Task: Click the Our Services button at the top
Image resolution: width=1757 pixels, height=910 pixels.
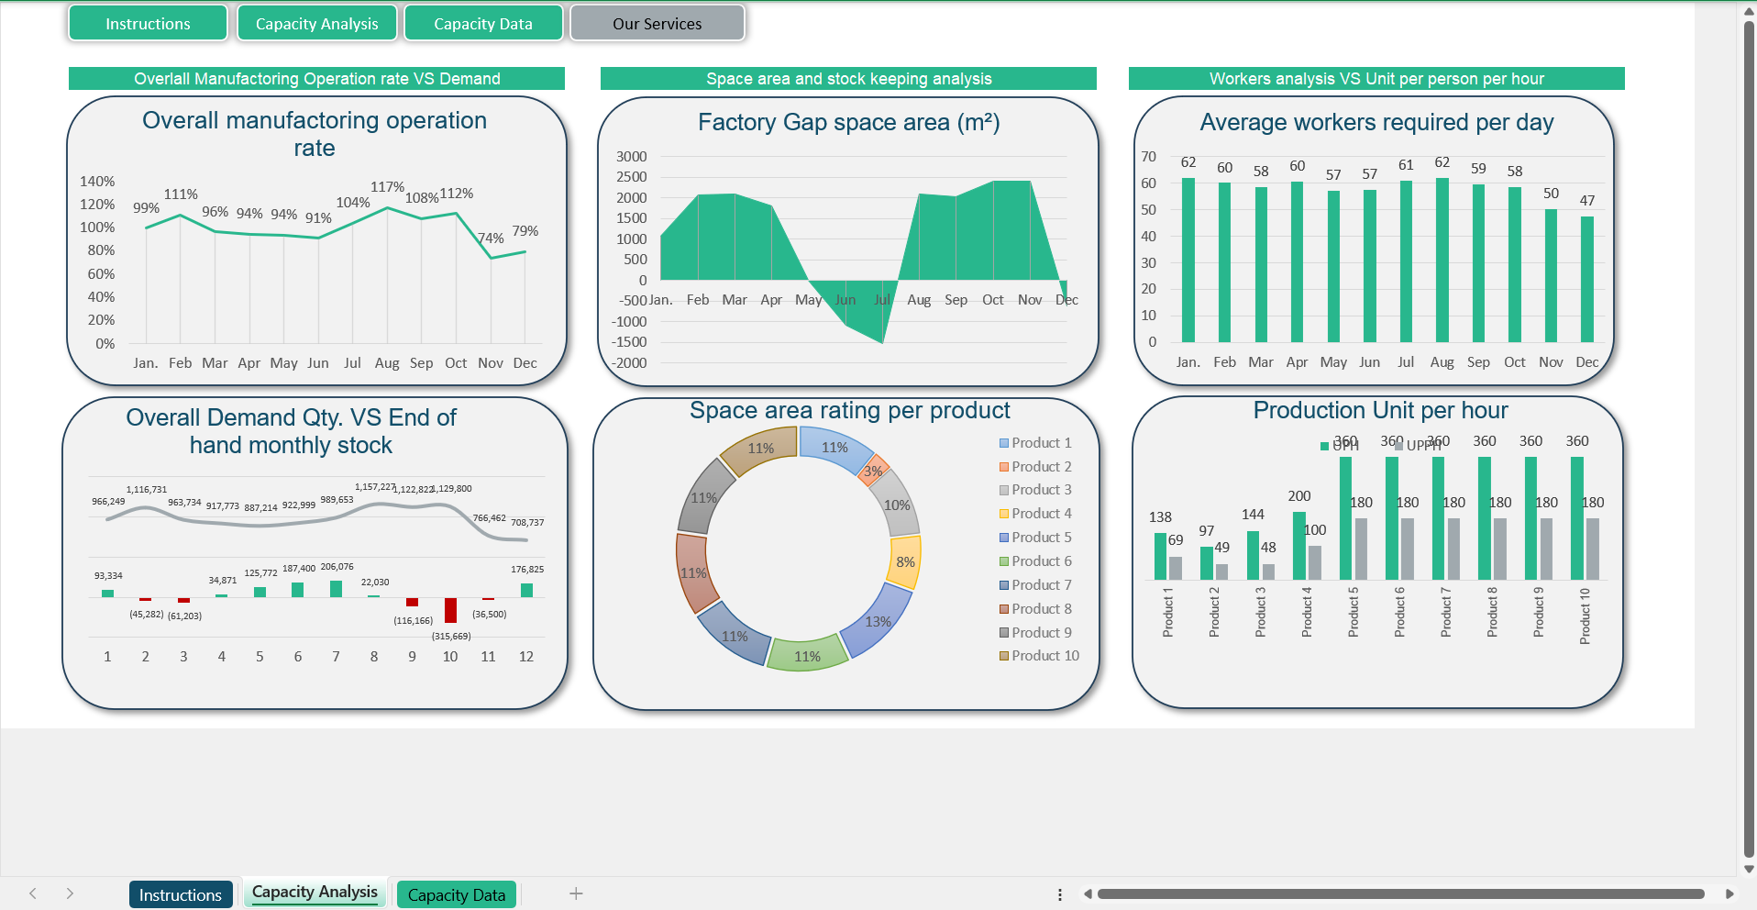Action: [657, 24]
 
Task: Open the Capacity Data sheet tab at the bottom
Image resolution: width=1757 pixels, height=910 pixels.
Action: [456, 894]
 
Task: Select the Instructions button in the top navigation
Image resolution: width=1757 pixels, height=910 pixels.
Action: [148, 24]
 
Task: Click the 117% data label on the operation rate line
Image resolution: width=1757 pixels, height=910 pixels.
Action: [387, 187]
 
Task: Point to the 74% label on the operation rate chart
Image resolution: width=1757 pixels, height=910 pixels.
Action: [492, 239]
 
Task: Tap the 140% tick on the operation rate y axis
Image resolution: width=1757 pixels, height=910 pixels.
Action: [97, 182]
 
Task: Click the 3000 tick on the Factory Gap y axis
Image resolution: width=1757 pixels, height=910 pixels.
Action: [632, 157]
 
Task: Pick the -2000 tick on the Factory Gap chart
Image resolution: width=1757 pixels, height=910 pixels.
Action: [630, 363]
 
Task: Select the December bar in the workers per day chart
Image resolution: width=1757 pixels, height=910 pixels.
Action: [1586, 279]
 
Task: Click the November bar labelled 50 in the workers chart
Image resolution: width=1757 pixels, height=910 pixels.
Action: [1551, 275]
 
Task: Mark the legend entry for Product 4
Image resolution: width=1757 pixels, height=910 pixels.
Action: [1035, 514]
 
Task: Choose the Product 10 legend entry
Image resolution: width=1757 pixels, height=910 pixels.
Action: [1039, 656]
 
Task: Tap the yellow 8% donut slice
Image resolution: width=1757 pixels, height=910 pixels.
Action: [905, 561]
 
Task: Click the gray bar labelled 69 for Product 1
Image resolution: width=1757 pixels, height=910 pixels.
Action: [1176, 568]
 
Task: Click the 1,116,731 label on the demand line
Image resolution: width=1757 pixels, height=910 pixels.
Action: [147, 490]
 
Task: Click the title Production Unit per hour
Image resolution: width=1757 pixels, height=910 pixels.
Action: [1380, 410]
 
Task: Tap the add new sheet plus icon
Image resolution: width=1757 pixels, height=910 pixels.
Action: [576, 893]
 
